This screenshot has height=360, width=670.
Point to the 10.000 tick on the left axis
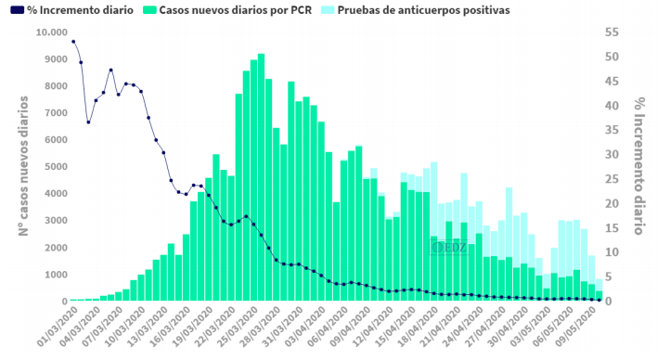[x=51, y=32]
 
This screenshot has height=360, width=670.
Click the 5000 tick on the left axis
[x=54, y=167]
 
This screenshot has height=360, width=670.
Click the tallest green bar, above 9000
[x=261, y=176]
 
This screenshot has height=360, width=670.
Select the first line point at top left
[x=73, y=42]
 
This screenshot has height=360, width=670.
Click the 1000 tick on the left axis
[x=54, y=275]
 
